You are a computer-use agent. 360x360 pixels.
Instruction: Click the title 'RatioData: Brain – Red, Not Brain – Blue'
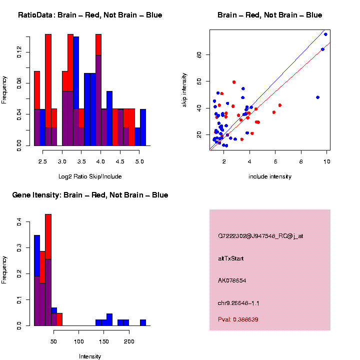tap(90, 15)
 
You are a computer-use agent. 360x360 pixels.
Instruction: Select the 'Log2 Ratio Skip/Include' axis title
tap(90, 176)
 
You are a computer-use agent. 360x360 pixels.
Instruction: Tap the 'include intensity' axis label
tap(269, 176)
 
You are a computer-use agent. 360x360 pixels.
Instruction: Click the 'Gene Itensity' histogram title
tap(90, 195)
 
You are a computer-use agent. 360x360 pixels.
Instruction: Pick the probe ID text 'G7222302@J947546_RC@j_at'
tap(260, 236)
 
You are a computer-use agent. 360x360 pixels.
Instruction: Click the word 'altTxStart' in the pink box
tap(231, 258)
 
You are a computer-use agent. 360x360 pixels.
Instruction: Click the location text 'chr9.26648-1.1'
tap(238, 303)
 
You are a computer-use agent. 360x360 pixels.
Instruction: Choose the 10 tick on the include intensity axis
tap(326, 161)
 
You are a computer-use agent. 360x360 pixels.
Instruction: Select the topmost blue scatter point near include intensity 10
tap(325, 34)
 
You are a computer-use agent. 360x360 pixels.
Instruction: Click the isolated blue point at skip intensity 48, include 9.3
tap(317, 97)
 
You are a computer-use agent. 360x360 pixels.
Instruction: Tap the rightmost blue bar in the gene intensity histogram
tap(143, 322)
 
